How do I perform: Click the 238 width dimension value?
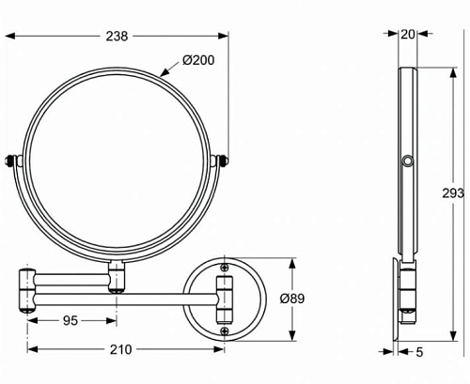coord(117,36)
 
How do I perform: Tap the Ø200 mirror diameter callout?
coord(198,60)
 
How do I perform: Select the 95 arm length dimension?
coord(70,320)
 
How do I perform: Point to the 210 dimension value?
coord(121,349)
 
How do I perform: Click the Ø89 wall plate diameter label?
coord(292,299)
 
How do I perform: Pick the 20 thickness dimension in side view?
coord(408,34)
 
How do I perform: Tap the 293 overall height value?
coord(453,193)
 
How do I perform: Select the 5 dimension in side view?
coord(419,352)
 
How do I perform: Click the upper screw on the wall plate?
coord(224,267)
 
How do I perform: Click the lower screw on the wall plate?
coord(224,330)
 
